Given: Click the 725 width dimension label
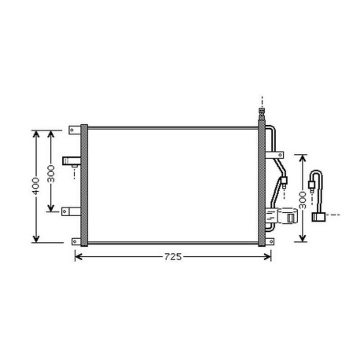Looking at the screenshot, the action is [173, 257].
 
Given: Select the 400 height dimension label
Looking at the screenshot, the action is [35, 186].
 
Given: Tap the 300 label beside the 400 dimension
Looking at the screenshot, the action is [51, 174].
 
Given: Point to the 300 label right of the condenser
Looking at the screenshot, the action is [303, 200].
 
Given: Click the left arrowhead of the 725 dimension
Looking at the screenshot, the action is [79, 257].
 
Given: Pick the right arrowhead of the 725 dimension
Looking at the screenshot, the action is [267, 257].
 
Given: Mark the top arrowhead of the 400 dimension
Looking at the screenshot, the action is [36, 134].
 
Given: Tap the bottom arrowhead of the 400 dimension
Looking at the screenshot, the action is [36, 239].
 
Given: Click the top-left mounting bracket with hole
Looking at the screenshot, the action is [75, 130].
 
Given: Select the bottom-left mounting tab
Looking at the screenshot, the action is [76, 241].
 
